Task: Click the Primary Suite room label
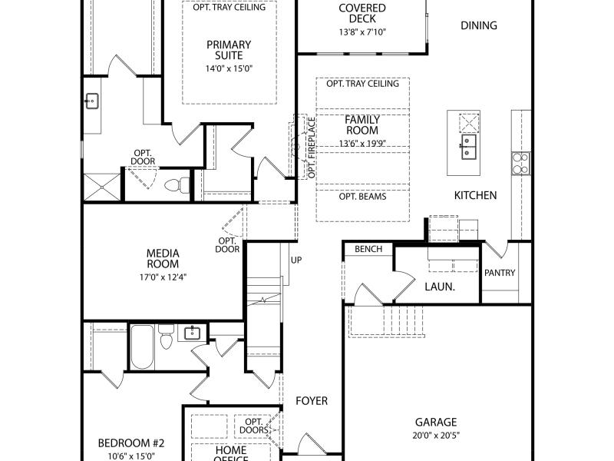click(x=229, y=50)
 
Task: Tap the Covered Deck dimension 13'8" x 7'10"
click(x=362, y=32)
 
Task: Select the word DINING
click(x=479, y=25)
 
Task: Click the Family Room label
click(x=362, y=124)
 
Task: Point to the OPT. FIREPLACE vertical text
click(x=312, y=148)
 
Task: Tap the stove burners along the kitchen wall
click(x=520, y=164)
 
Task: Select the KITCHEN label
click(x=475, y=195)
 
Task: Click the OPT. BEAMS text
click(x=362, y=197)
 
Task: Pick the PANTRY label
click(x=500, y=273)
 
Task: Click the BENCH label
click(x=368, y=249)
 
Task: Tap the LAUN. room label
click(x=440, y=287)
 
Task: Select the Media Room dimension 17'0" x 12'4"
click(x=163, y=277)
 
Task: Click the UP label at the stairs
click(x=296, y=260)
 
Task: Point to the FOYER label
click(x=312, y=401)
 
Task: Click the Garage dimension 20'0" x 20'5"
click(x=436, y=435)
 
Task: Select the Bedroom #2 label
click(x=131, y=443)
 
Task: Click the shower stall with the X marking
click(x=102, y=187)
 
